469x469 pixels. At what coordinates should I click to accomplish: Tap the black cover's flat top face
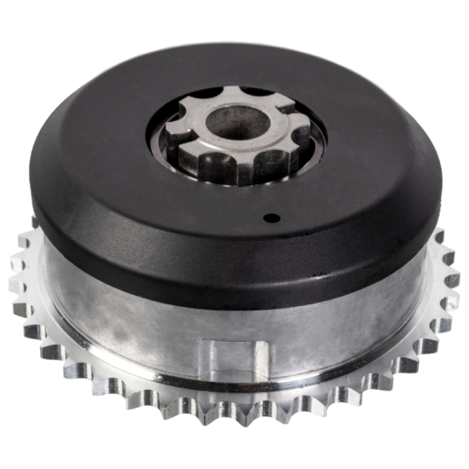click(111, 171)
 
